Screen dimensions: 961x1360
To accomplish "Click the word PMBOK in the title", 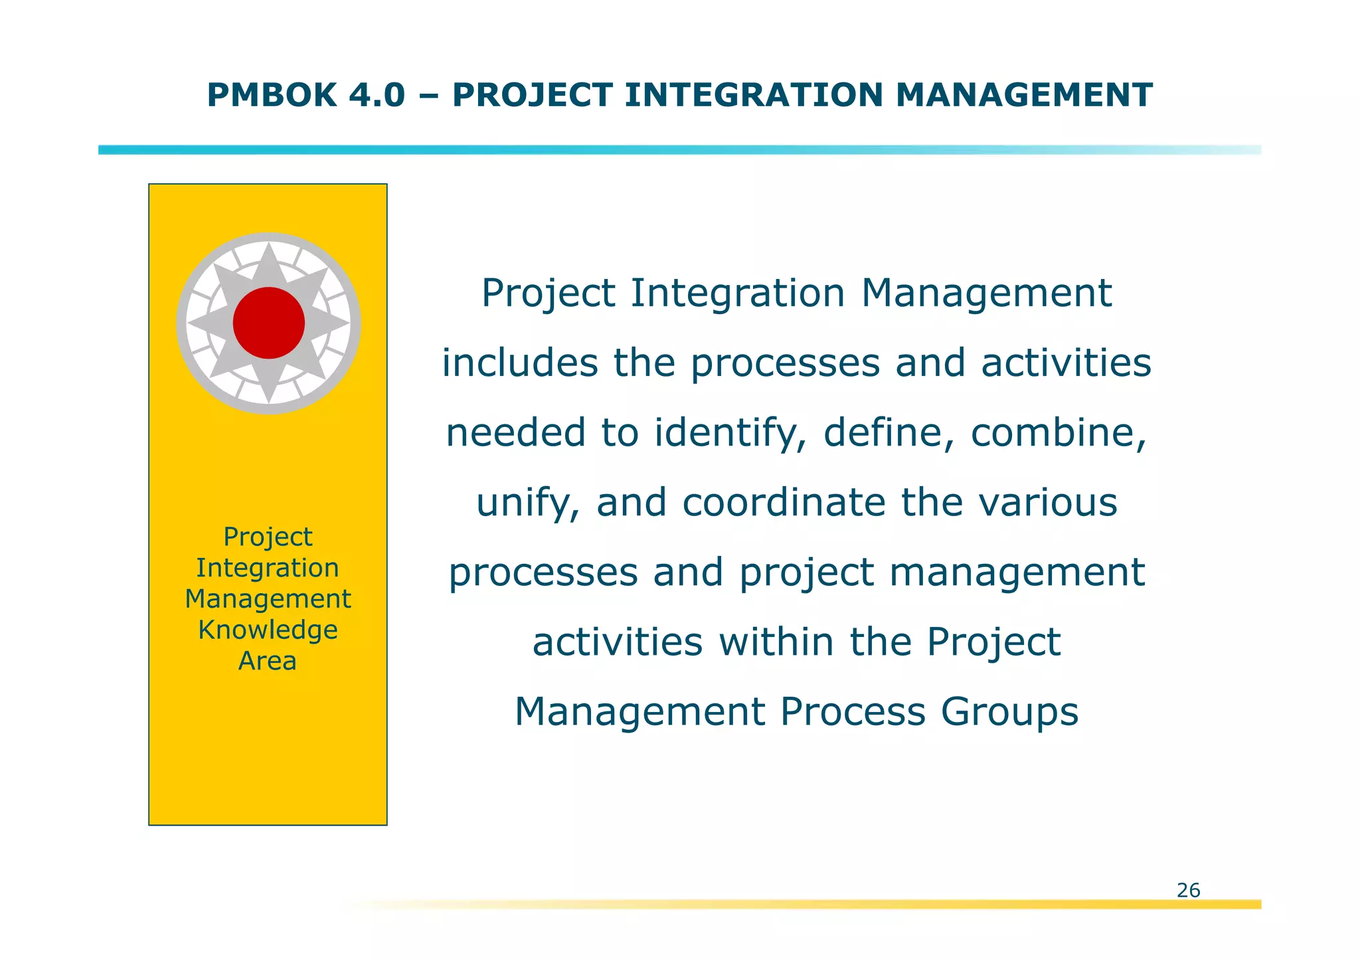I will (272, 95).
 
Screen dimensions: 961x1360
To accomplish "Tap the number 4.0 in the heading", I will (376, 95).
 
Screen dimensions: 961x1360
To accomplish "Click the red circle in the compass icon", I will (268, 323).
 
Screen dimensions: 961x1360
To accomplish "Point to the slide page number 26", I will (1188, 890).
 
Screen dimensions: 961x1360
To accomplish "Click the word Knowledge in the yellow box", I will (268, 630).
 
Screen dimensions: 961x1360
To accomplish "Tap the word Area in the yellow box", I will (268, 661).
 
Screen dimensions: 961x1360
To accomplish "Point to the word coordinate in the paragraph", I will (784, 503).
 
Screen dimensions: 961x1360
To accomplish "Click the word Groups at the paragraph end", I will (1009, 712).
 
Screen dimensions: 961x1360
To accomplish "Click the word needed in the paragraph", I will (516, 433).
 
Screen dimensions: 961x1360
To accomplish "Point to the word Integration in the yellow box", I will (268, 568).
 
